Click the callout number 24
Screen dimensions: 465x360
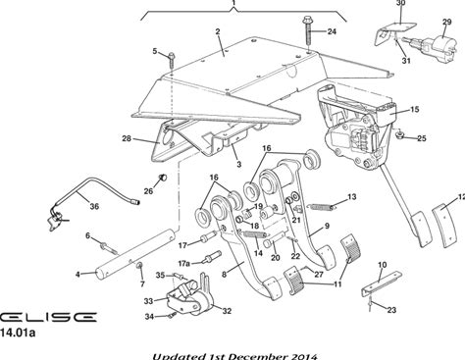pyautogui.click(x=332, y=31)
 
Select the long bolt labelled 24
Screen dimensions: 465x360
pyautogui.click(x=307, y=30)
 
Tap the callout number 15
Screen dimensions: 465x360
pyautogui.click(x=414, y=109)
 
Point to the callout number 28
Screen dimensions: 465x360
pyautogui.click(x=127, y=138)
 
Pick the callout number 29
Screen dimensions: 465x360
pyautogui.click(x=447, y=22)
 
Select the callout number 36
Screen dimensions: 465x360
pyautogui.click(x=94, y=207)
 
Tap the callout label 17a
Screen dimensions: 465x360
pyautogui.click(x=184, y=263)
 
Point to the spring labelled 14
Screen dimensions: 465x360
pyautogui.click(x=255, y=233)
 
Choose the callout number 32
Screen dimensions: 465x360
pyautogui.click(x=227, y=311)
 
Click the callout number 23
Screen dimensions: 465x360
pyautogui.click(x=391, y=310)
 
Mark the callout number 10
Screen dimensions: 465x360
pyautogui.click(x=382, y=265)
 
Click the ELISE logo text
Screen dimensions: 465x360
pyautogui.click(x=48, y=317)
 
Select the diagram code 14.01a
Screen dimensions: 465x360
pyautogui.click(x=18, y=334)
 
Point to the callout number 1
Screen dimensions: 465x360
pyautogui.click(x=233, y=3)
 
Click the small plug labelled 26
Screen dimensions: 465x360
pyautogui.click(x=163, y=178)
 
